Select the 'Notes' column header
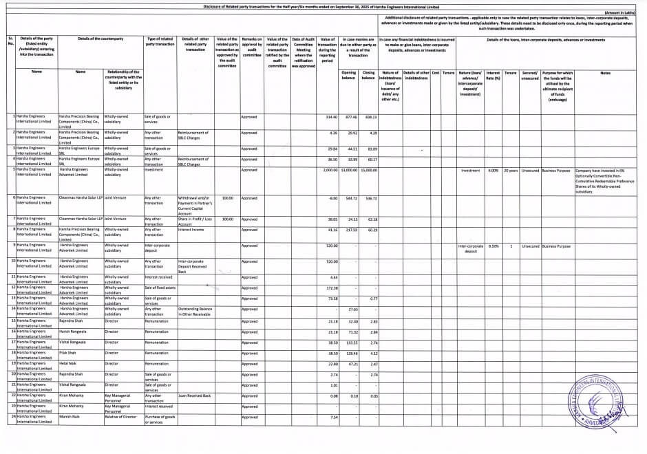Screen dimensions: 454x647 point(605,72)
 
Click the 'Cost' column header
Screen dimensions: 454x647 point(436,72)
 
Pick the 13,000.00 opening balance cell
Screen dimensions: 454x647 point(349,169)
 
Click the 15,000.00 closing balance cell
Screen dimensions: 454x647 point(368,169)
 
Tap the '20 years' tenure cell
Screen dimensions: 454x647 point(510,169)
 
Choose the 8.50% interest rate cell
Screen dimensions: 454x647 point(493,246)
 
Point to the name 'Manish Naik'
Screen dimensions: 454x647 point(69,417)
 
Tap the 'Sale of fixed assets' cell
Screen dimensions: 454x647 point(159,288)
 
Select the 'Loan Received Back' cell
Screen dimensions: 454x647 point(194,396)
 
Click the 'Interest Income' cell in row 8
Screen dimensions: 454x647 point(190,230)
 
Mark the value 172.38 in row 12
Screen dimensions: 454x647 point(330,288)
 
